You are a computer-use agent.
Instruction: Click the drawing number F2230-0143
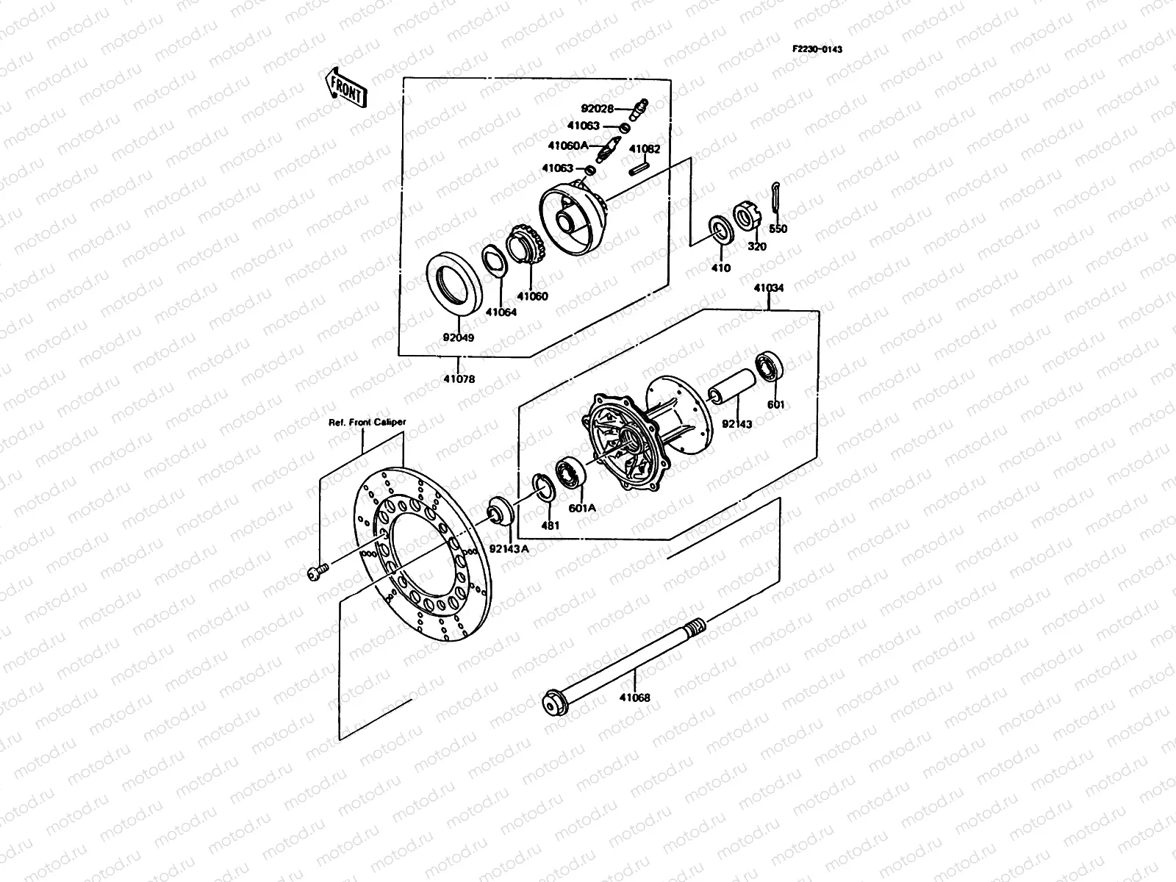(816, 49)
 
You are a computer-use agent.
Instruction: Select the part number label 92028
(598, 109)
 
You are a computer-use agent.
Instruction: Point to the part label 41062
(645, 148)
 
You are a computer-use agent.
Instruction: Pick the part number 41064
(501, 312)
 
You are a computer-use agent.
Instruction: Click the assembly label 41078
(459, 379)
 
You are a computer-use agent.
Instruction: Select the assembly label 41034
(768, 288)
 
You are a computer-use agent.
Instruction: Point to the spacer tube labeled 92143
(732, 390)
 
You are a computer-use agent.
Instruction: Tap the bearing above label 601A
(570, 473)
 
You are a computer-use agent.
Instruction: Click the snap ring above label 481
(545, 489)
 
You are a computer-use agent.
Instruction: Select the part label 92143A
(509, 548)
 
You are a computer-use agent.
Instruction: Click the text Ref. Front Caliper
(367, 422)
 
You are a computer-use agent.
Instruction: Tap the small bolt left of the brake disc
(317, 571)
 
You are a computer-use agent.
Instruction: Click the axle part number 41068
(634, 698)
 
